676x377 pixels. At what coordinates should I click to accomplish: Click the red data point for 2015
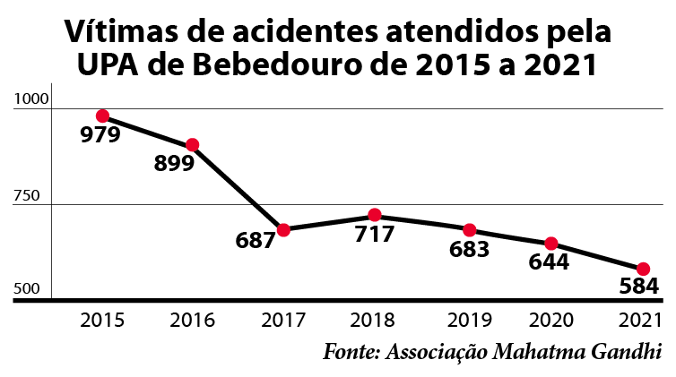click(102, 116)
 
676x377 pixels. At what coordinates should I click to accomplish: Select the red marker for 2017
click(283, 229)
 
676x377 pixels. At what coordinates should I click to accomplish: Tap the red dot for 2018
click(375, 216)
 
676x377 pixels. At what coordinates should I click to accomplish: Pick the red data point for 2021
click(643, 269)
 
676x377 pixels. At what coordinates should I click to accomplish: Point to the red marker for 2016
click(192, 145)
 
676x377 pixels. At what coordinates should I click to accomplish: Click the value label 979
click(101, 136)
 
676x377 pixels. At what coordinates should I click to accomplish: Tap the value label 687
click(255, 241)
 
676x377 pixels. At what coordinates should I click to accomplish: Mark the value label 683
click(469, 249)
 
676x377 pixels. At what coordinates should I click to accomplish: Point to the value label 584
click(639, 287)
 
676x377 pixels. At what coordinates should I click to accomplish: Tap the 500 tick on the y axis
click(27, 289)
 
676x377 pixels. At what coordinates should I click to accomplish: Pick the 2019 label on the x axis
click(467, 320)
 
